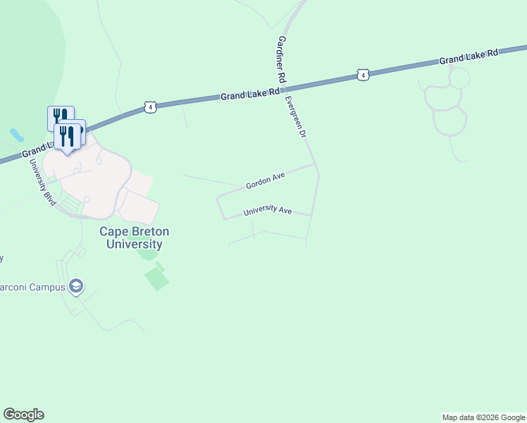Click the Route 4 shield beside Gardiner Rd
361,75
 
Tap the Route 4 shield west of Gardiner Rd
150,107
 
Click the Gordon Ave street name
264,183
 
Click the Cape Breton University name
134,238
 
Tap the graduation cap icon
76,286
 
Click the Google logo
23,415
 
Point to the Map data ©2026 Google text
483,417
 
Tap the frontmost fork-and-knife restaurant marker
67,135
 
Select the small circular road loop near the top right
459,78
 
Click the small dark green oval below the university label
147,255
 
